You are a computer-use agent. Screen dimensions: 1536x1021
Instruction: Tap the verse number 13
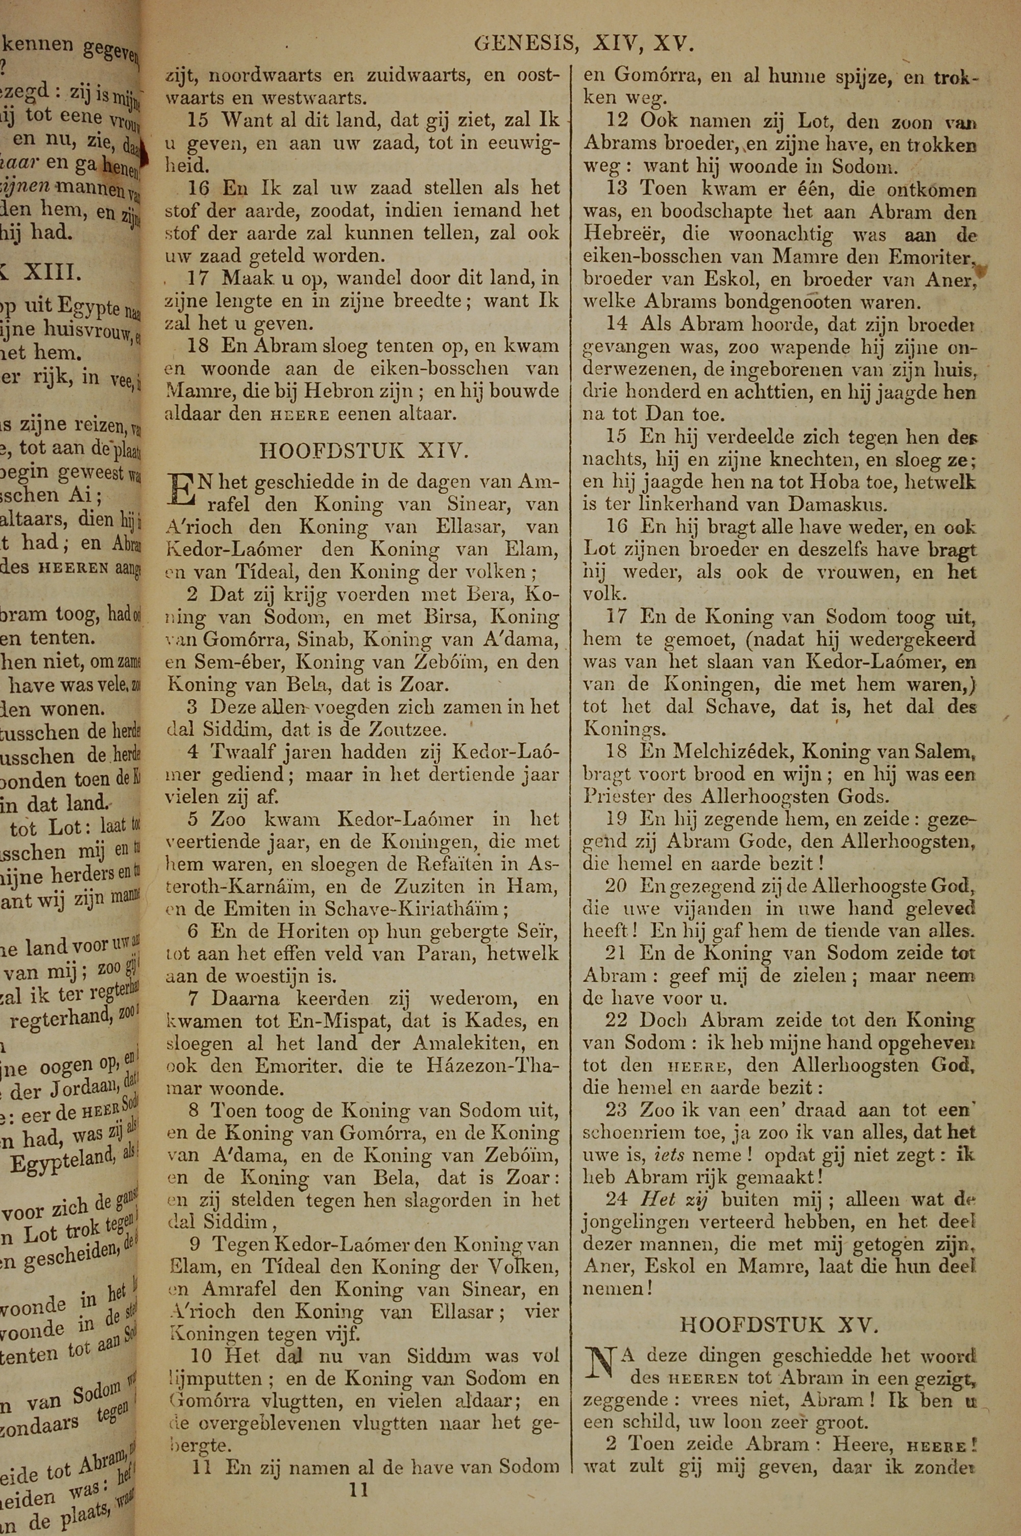tap(617, 189)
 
